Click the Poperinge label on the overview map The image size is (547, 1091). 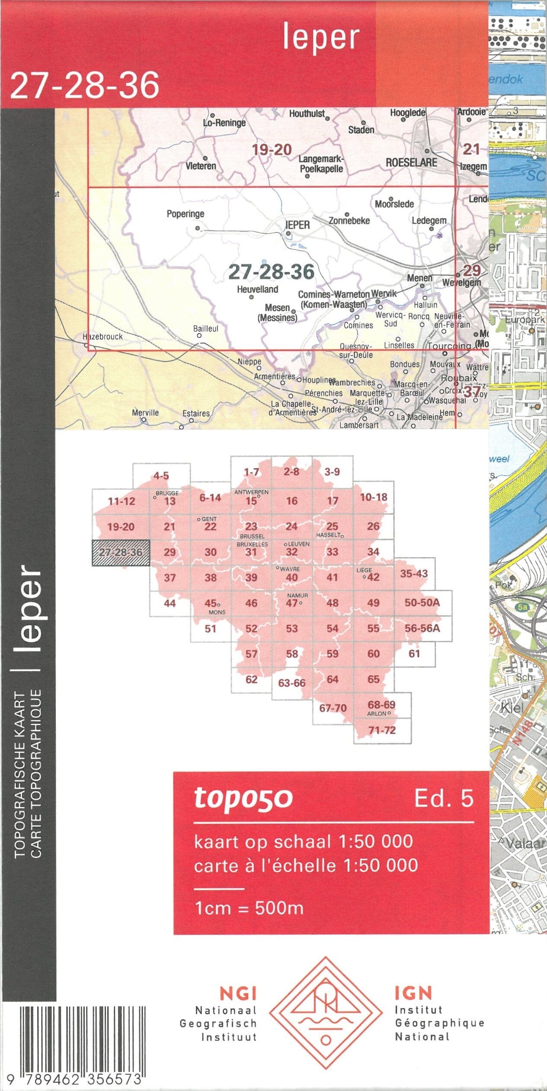click(186, 214)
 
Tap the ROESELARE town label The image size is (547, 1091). click(411, 163)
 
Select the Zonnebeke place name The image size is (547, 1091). click(349, 221)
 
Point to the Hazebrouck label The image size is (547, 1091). click(103, 337)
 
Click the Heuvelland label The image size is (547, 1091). click(257, 289)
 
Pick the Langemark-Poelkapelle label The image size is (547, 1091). click(321, 164)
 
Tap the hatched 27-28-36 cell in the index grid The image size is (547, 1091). click(121, 552)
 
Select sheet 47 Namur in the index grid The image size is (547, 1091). click(292, 603)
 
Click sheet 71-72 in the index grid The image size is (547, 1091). click(382, 730)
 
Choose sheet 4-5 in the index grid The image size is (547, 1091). click(161, 476)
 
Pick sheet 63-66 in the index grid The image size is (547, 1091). click(291, 683)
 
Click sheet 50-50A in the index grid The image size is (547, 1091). click(422, 603)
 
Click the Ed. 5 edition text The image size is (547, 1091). click(444, 798)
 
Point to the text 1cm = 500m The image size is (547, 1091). click(249, 908)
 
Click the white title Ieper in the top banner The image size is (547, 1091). click(321, 38)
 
